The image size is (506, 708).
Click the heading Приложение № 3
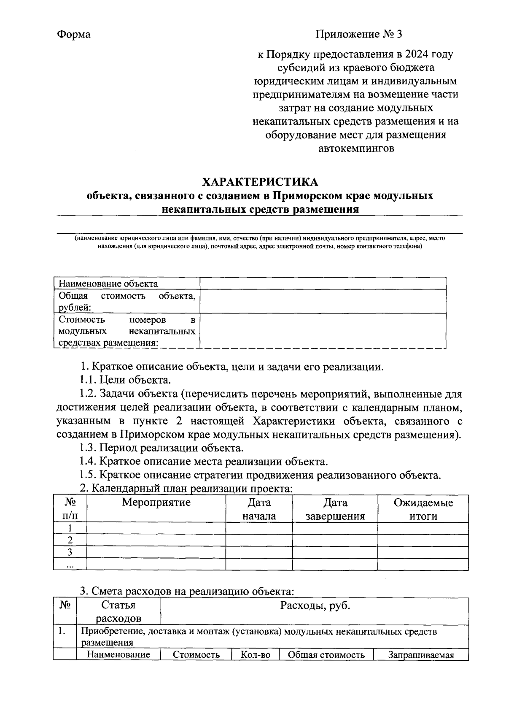pos(359,35)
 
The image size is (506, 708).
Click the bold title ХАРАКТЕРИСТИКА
pos(260,182)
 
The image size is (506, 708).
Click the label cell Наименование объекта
pos(108,284)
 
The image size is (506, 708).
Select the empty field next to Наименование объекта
pos(323,283)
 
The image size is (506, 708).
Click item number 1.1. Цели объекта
pos(126,380)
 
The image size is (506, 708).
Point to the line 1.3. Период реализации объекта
pos(161,448)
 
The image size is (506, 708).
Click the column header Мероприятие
pos(156,503)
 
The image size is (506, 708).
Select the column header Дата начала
pos(259,509)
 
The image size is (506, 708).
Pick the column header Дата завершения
pos(335,509)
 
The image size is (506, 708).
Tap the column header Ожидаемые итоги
pos(423,509)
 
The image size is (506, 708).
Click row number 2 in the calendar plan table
pos(70,540)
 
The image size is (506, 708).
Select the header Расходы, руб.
pos(315,606)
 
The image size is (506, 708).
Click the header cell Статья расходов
pos(118,612)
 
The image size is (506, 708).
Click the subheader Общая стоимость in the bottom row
pos(326,655)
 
